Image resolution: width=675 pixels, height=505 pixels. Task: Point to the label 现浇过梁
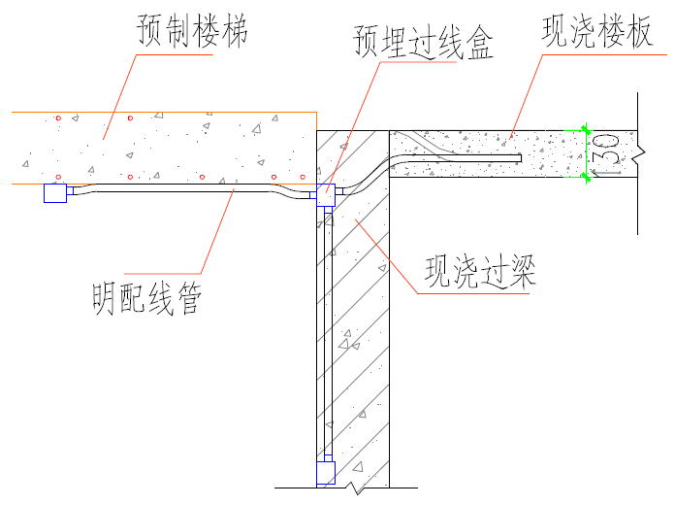(x=481, y=271)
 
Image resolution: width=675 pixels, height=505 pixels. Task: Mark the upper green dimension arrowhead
(x=584, y=128)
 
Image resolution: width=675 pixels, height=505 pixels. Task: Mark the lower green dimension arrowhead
(x=584, y=178)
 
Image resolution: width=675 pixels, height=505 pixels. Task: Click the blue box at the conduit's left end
(x=55, y=194)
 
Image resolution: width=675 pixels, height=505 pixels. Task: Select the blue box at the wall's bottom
(x=326, y=473)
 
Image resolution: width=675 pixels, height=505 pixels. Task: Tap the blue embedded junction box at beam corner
(x=325, y=194)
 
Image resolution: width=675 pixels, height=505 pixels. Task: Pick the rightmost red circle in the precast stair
(x=304, y=178)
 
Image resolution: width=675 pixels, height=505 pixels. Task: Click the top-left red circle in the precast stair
(x=58, y=118)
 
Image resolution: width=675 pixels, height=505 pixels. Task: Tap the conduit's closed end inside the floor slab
(x=520, y=155)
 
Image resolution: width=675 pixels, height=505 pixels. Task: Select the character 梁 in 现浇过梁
(x=521, y=271)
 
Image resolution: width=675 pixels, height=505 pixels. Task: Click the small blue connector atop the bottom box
(x=326, y=457)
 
